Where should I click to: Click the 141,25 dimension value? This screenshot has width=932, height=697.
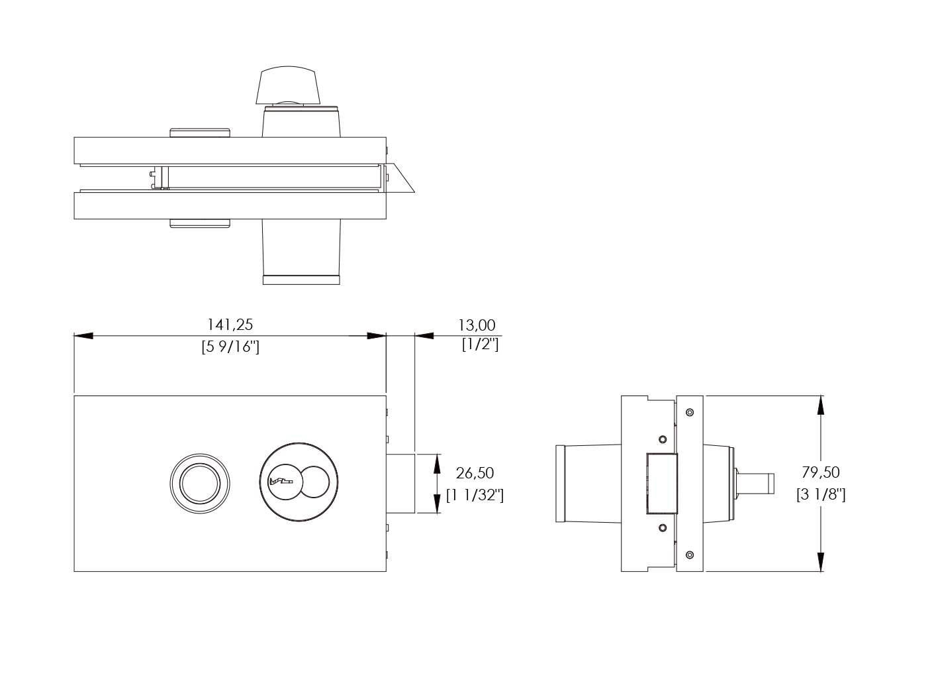tap(230, 325)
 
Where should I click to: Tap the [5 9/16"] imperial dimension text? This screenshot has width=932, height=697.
tap(230, 347)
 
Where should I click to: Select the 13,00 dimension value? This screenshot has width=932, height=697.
tap(477, 325)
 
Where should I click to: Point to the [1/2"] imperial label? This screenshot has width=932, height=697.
tap(480, 345)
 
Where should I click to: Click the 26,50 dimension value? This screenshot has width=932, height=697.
tap(475, 472)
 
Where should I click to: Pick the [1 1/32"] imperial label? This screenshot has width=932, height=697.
tap(475, 495)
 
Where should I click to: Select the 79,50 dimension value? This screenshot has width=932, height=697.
tap(821, 472)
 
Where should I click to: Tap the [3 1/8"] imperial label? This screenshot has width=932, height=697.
tap(821, 494)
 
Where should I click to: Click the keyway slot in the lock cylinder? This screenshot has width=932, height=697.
tap(281, 482)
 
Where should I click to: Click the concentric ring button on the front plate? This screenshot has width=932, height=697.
tap(200, 483)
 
